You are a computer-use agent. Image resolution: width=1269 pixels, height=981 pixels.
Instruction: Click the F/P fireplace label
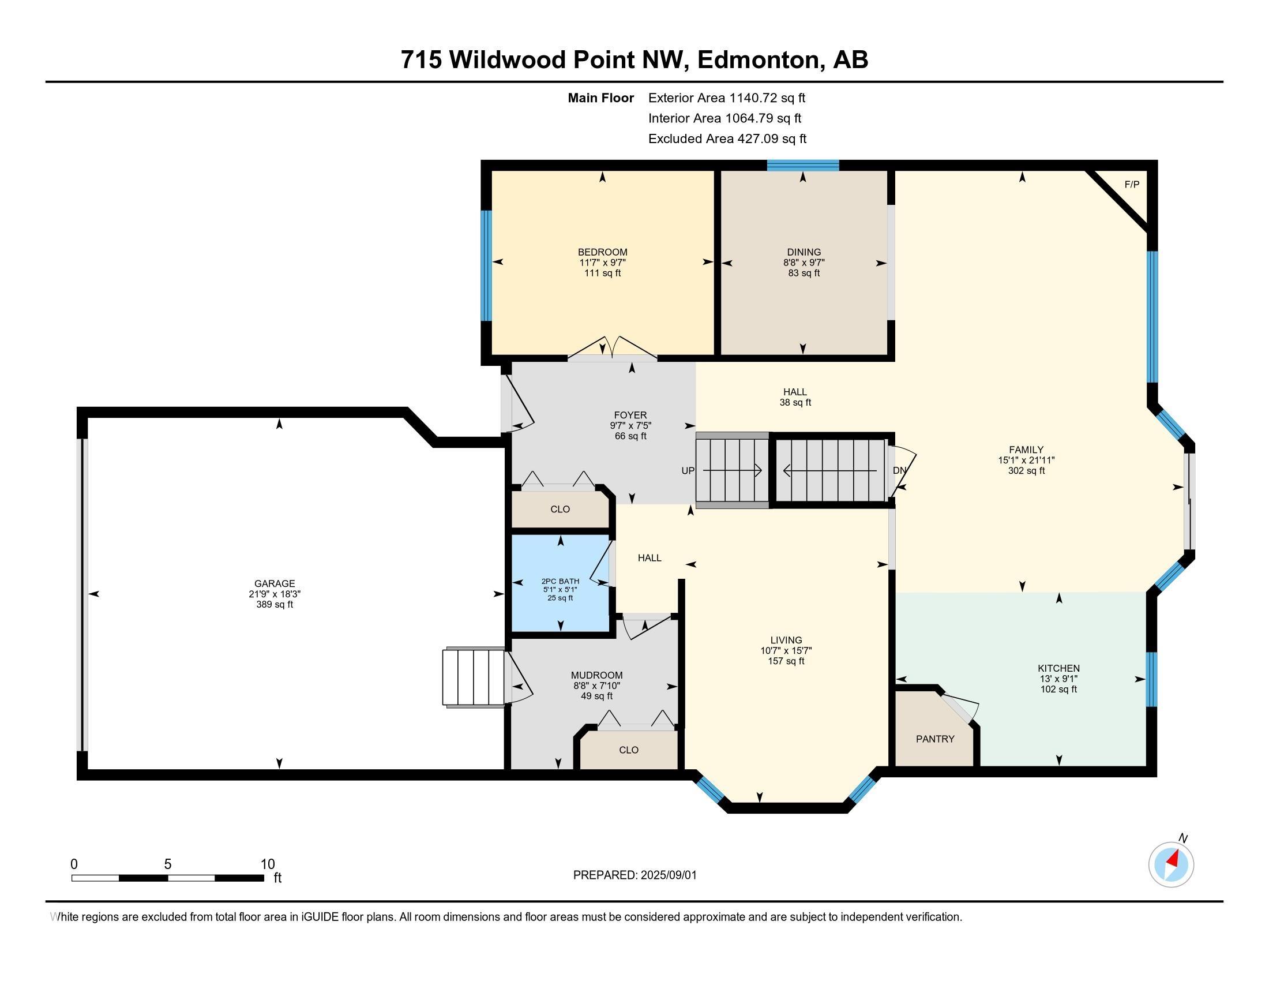[x=1132, y=185]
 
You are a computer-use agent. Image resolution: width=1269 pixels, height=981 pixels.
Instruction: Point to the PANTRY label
[x=935, y=739]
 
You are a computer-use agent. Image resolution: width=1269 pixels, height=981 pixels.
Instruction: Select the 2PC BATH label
[x=560, y=581]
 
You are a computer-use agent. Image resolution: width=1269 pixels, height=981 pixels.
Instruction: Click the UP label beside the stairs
[x=688, y=471]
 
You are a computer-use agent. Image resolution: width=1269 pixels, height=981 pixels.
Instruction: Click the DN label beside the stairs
[x=899, y=471]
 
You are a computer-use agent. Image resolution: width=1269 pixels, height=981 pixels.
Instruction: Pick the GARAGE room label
[x=274, y=583]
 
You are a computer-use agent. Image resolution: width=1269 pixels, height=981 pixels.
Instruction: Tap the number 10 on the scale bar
[x=268, y=864]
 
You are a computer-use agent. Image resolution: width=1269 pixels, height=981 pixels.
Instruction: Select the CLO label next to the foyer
[x=560, y=509]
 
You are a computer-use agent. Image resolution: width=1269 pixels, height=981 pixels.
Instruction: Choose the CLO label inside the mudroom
[x=629, y=750]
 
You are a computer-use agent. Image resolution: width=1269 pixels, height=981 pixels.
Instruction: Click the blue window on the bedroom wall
[x=486, y=265]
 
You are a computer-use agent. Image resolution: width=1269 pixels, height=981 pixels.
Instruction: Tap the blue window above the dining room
[x=803, y=165]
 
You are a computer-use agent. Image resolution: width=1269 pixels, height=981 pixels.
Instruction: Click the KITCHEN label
[x=1058, y=668]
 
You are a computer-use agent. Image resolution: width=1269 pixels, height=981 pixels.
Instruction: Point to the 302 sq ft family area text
[x=1026, y=471]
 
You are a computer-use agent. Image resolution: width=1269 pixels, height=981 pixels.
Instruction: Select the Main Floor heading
[x=601, y=98]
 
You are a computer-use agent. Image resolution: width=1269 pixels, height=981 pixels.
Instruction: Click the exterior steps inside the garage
[x=474, y=677]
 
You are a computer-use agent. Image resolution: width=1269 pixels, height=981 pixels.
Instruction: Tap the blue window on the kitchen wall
[x=1151, y=679]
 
